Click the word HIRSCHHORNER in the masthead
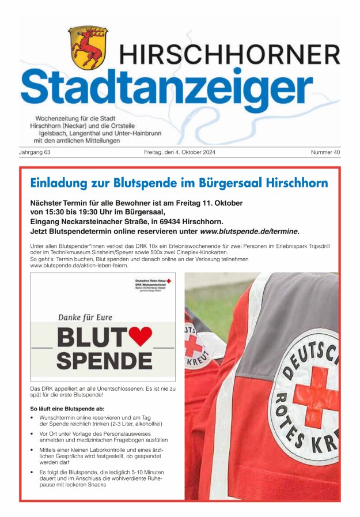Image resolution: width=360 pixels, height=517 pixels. (x=229, y=55)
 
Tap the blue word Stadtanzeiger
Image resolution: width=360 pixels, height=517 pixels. (x=167, y=85)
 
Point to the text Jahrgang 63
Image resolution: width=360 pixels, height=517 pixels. (x=35, y=153)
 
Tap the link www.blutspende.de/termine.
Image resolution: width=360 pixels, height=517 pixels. (x=249, y=231)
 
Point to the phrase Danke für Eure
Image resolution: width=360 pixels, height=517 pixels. (x=85, y=316)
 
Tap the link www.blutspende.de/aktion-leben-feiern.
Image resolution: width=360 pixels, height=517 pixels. (x=79, y=265)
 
